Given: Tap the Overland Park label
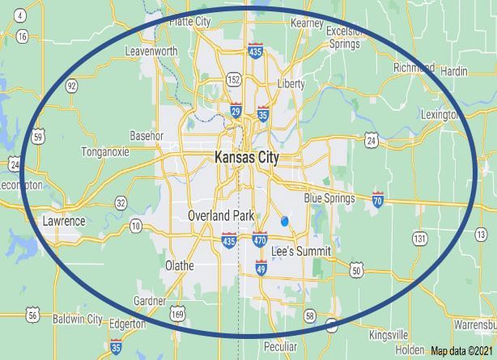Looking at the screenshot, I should (220, 216).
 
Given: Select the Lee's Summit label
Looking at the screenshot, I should (301, 252).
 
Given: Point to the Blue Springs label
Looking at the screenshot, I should (330, 197).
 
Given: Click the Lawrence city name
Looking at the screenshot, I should (64, 221).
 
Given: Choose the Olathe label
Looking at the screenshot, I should (179, 265).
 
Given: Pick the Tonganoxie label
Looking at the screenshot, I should (109, 151).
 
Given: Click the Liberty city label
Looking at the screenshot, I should (291, 84).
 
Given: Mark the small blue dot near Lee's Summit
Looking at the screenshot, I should (284, 221).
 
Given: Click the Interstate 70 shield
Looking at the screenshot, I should (378, 198).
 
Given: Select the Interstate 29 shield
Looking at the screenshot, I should (235, 110).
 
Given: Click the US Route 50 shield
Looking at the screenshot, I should (356, 270).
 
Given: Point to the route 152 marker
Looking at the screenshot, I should (233, 79).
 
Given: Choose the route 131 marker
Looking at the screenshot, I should (418, 238).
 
